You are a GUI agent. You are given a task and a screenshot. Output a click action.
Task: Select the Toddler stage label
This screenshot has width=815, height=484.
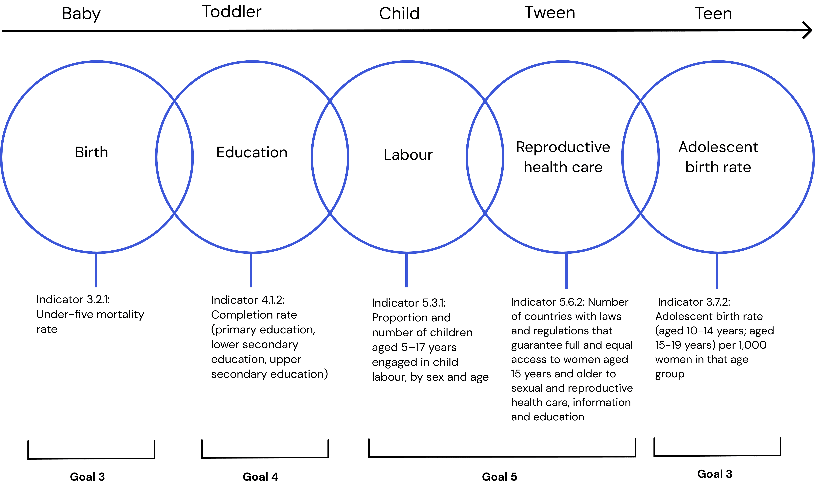click(232, 12)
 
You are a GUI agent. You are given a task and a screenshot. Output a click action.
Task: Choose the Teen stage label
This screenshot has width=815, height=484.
click(714, 14)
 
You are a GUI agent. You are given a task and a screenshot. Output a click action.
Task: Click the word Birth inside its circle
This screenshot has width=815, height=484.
click(91, 152)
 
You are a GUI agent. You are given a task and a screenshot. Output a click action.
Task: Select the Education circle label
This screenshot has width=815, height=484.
click(252, 152)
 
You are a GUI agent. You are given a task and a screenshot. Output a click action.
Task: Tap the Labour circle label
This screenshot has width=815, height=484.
click(408, 155)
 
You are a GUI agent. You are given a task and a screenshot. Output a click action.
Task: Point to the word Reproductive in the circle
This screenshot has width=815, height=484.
click(563, 147)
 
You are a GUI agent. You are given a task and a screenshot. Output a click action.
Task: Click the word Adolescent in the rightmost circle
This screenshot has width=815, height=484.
click(718, 147)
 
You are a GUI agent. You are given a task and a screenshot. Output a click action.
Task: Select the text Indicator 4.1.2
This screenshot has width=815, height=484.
click(248, 300)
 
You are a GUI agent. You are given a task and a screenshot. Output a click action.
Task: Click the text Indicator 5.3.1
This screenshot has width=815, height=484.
click(409, 303)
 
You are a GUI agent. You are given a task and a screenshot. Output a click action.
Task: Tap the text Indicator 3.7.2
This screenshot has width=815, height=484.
click(694, 302)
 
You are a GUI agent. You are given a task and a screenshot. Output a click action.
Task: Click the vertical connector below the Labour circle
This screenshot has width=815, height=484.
click(406, 270)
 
